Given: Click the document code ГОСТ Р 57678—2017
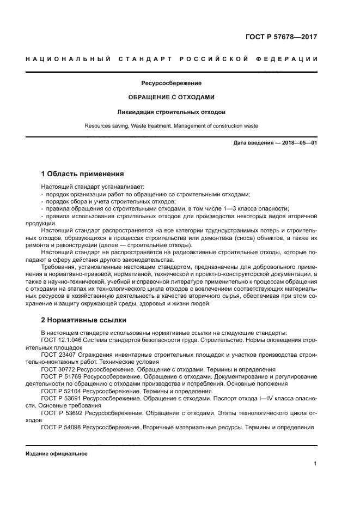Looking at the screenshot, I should point(281,37).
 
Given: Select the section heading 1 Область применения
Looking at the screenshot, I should point(82,175).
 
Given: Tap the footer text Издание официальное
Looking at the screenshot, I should point(57,454).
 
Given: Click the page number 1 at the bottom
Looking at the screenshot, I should point(315,464).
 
